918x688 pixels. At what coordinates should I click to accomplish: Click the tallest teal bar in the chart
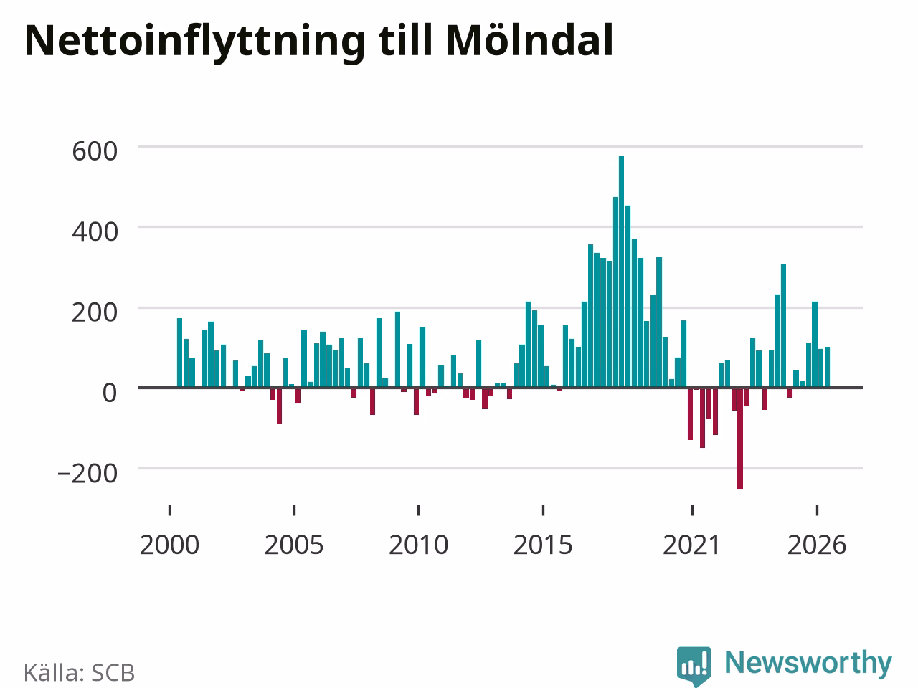tap(621, 272)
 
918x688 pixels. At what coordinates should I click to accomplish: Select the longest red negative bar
tap(740, 439)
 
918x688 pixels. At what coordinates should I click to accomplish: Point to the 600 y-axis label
tap(95, 151)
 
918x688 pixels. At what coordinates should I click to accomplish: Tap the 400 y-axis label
tap(95, 231)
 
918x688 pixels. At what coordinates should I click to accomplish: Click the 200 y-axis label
tap(95, 312)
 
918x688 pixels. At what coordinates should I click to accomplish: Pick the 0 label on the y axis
tap(110, 393)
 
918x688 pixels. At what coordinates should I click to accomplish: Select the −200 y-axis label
tap(87, 473)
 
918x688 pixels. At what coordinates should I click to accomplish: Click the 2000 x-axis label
tap(169, 545)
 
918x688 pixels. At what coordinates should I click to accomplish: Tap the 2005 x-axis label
tap(294, 545)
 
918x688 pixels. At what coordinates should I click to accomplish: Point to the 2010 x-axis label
tap(419, 545)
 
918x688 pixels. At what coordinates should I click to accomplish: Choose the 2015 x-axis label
tap(543, 545)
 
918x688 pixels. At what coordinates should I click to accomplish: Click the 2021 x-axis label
tap(692, 545)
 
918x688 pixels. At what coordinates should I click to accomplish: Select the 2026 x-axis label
tap(817, 545)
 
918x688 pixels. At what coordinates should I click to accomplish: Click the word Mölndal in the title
tap(529, 41)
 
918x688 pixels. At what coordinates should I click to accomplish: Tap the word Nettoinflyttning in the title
tap(194, 43)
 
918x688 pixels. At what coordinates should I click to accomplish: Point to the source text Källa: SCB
tap(79, 672)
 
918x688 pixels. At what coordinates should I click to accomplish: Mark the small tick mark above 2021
tap(692, 510)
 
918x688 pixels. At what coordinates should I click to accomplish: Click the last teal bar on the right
tap(827, 367)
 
